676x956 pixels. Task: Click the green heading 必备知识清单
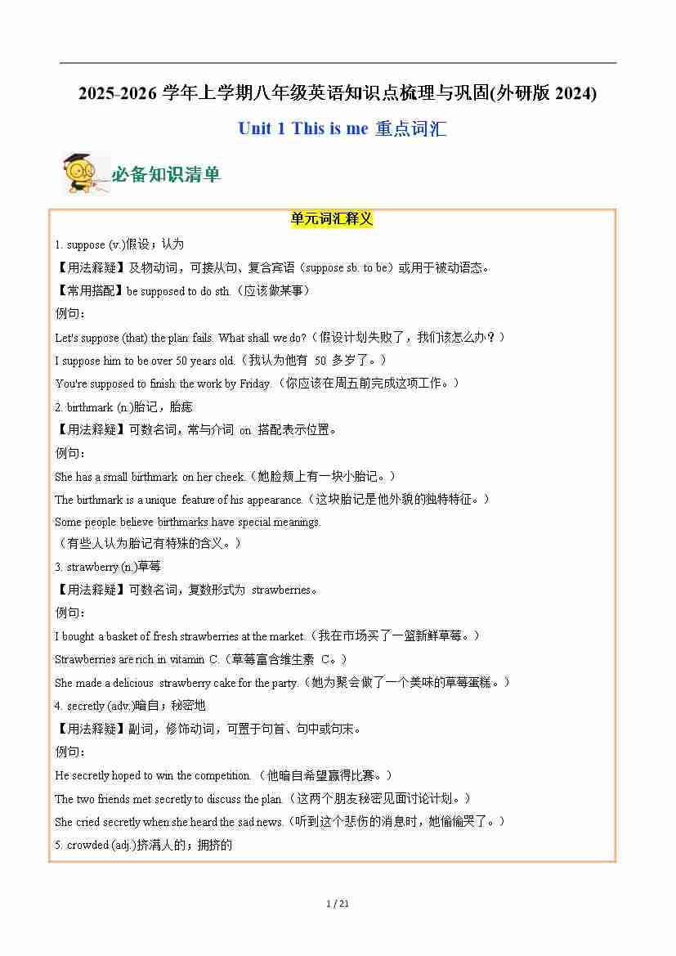click(166, 175)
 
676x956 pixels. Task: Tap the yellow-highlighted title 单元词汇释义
click(332, 219)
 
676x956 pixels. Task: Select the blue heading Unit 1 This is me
click(302, 128)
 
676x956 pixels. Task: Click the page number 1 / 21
click(338, 904)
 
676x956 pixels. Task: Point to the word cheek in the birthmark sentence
click(230, 477)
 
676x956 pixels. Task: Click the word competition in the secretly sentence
click(222, 775)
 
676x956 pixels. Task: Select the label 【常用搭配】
click(89, 291)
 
